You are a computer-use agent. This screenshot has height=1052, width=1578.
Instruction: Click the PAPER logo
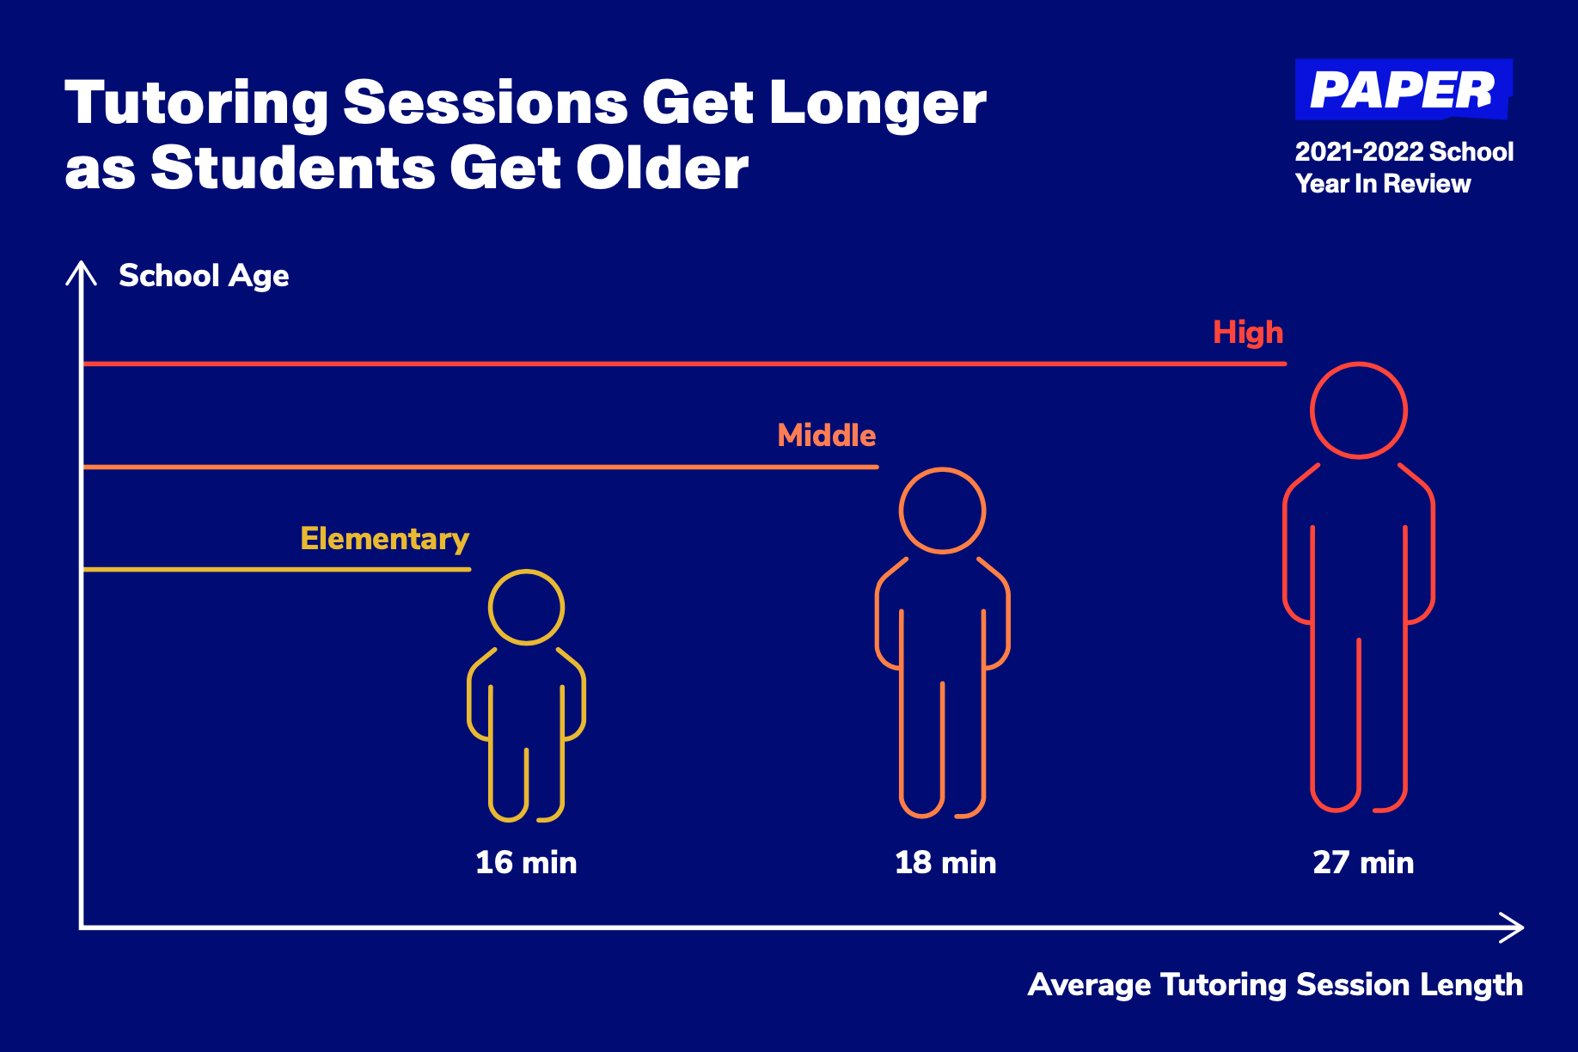tap(1404, 89)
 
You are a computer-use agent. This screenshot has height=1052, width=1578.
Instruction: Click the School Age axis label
tap(204, 277)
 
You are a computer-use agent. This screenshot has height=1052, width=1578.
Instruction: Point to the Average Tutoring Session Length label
tap(1275, 985)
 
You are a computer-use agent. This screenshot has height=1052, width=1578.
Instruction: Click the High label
tap(1248, 333)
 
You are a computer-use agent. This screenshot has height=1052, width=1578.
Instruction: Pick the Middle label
tap(827, 435)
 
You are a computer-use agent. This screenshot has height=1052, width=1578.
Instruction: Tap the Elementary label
tap(385, 539)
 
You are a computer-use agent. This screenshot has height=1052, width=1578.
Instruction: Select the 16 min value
tap(526, 862)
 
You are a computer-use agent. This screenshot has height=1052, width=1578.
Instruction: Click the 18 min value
tap(945, 862)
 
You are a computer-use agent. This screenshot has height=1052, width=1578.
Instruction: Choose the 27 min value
tap(1363, 862)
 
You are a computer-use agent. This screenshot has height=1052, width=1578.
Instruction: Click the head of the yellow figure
tap(526, 570)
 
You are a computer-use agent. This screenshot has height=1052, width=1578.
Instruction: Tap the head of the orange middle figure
tap(942, 468)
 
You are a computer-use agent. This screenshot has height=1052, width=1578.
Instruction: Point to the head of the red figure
tap(1358, 364)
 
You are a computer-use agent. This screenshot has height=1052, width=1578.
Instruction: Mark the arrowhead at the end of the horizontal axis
tap(1522, 927)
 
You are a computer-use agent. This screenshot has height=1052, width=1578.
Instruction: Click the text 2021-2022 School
tap(1404, 152)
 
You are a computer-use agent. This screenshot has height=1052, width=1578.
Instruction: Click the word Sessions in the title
tap(486, 103)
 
